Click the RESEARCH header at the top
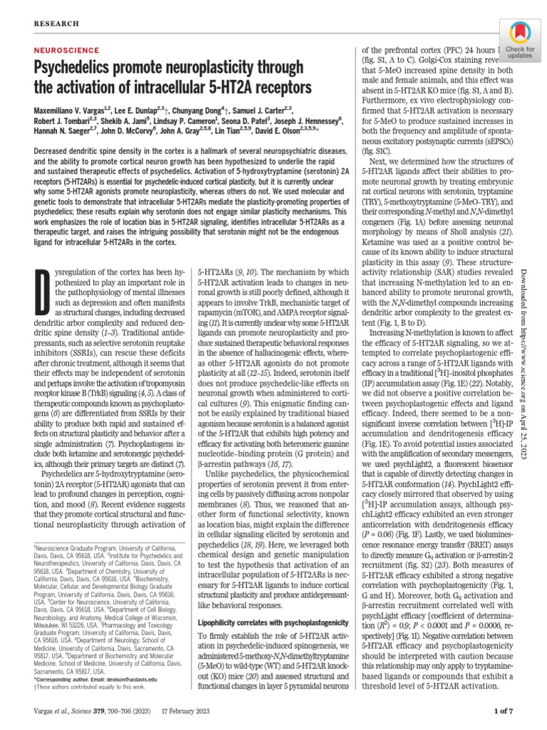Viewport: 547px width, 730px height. click(54, 24)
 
